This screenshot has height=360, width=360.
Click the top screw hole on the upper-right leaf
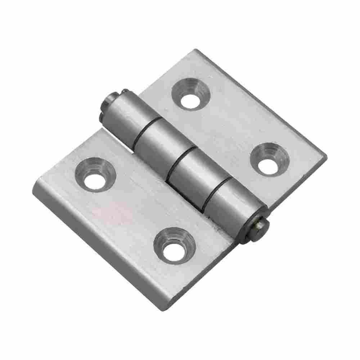(190, 97)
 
